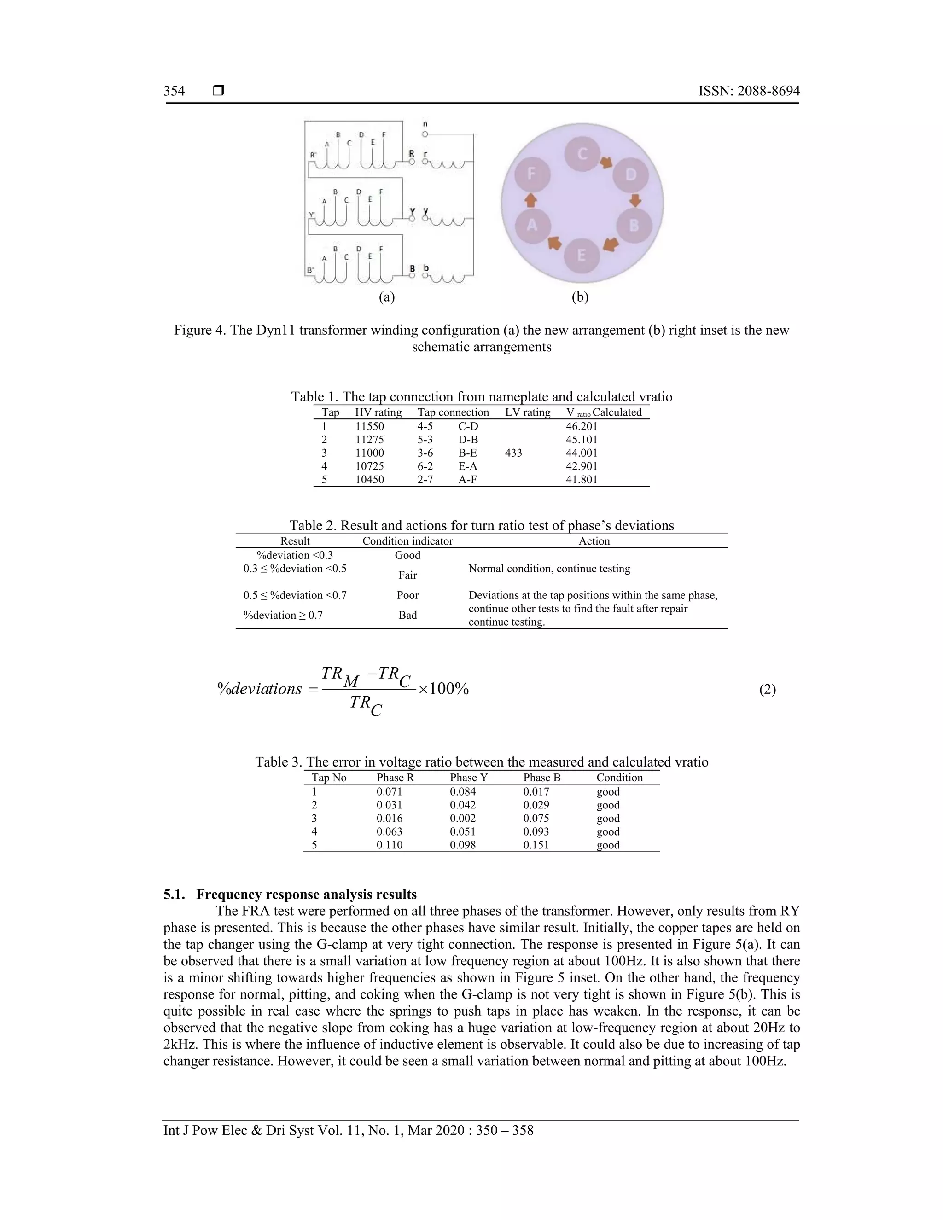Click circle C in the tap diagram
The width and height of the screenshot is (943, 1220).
(x=582, y=154)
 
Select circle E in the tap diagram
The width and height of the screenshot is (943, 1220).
(x=581, y=256)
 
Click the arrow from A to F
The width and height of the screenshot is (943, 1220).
(x=531, y=200)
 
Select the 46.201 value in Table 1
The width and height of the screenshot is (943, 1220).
(x=581, y=426)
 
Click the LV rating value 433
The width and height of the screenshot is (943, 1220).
(x=513, y=453)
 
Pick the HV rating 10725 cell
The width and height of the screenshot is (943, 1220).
(x=369, y=466)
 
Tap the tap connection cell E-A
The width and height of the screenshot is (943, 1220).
(x=468, y=466)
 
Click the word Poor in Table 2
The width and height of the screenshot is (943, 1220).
(x=407, y=595)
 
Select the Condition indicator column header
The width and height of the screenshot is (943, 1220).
(x=407, y=541)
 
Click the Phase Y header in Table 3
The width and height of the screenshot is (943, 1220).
(x=469, y=778)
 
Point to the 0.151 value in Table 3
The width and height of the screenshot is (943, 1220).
(x=536, y=845)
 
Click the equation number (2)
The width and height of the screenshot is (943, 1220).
(x=767, y=690)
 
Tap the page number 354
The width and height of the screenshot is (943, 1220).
(x=174, y=91)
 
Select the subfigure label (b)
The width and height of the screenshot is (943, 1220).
(x=580, y=297)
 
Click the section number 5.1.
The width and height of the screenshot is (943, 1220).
(x=175, y=895)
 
